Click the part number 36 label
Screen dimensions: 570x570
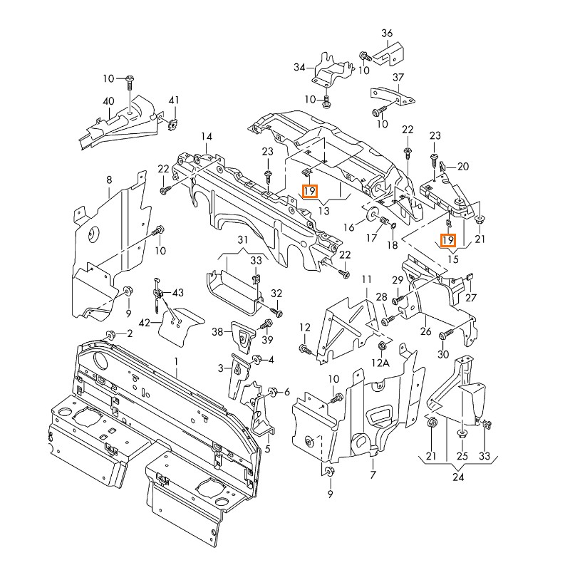coord(387,33)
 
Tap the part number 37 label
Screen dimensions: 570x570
coord(398,78)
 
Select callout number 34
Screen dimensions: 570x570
coord(299,68)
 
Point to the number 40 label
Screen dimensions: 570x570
coord(108,100)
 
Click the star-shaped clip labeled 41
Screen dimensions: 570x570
coord(172,126)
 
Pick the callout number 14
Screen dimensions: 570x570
coord(206,136)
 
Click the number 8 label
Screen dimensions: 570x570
coord(109,180)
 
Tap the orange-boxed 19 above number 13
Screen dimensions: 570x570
coord(309,191)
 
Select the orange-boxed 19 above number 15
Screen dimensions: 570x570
coord(448,240)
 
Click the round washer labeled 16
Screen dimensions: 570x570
coord(372,213)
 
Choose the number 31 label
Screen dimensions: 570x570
coord(243,239)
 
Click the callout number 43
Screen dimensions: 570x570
coord(177,293)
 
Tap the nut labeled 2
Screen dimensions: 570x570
coord(111,334)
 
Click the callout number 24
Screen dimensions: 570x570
coord(458,477)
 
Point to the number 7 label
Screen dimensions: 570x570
coord(372,475)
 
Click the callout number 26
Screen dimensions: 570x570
coord(425,331)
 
